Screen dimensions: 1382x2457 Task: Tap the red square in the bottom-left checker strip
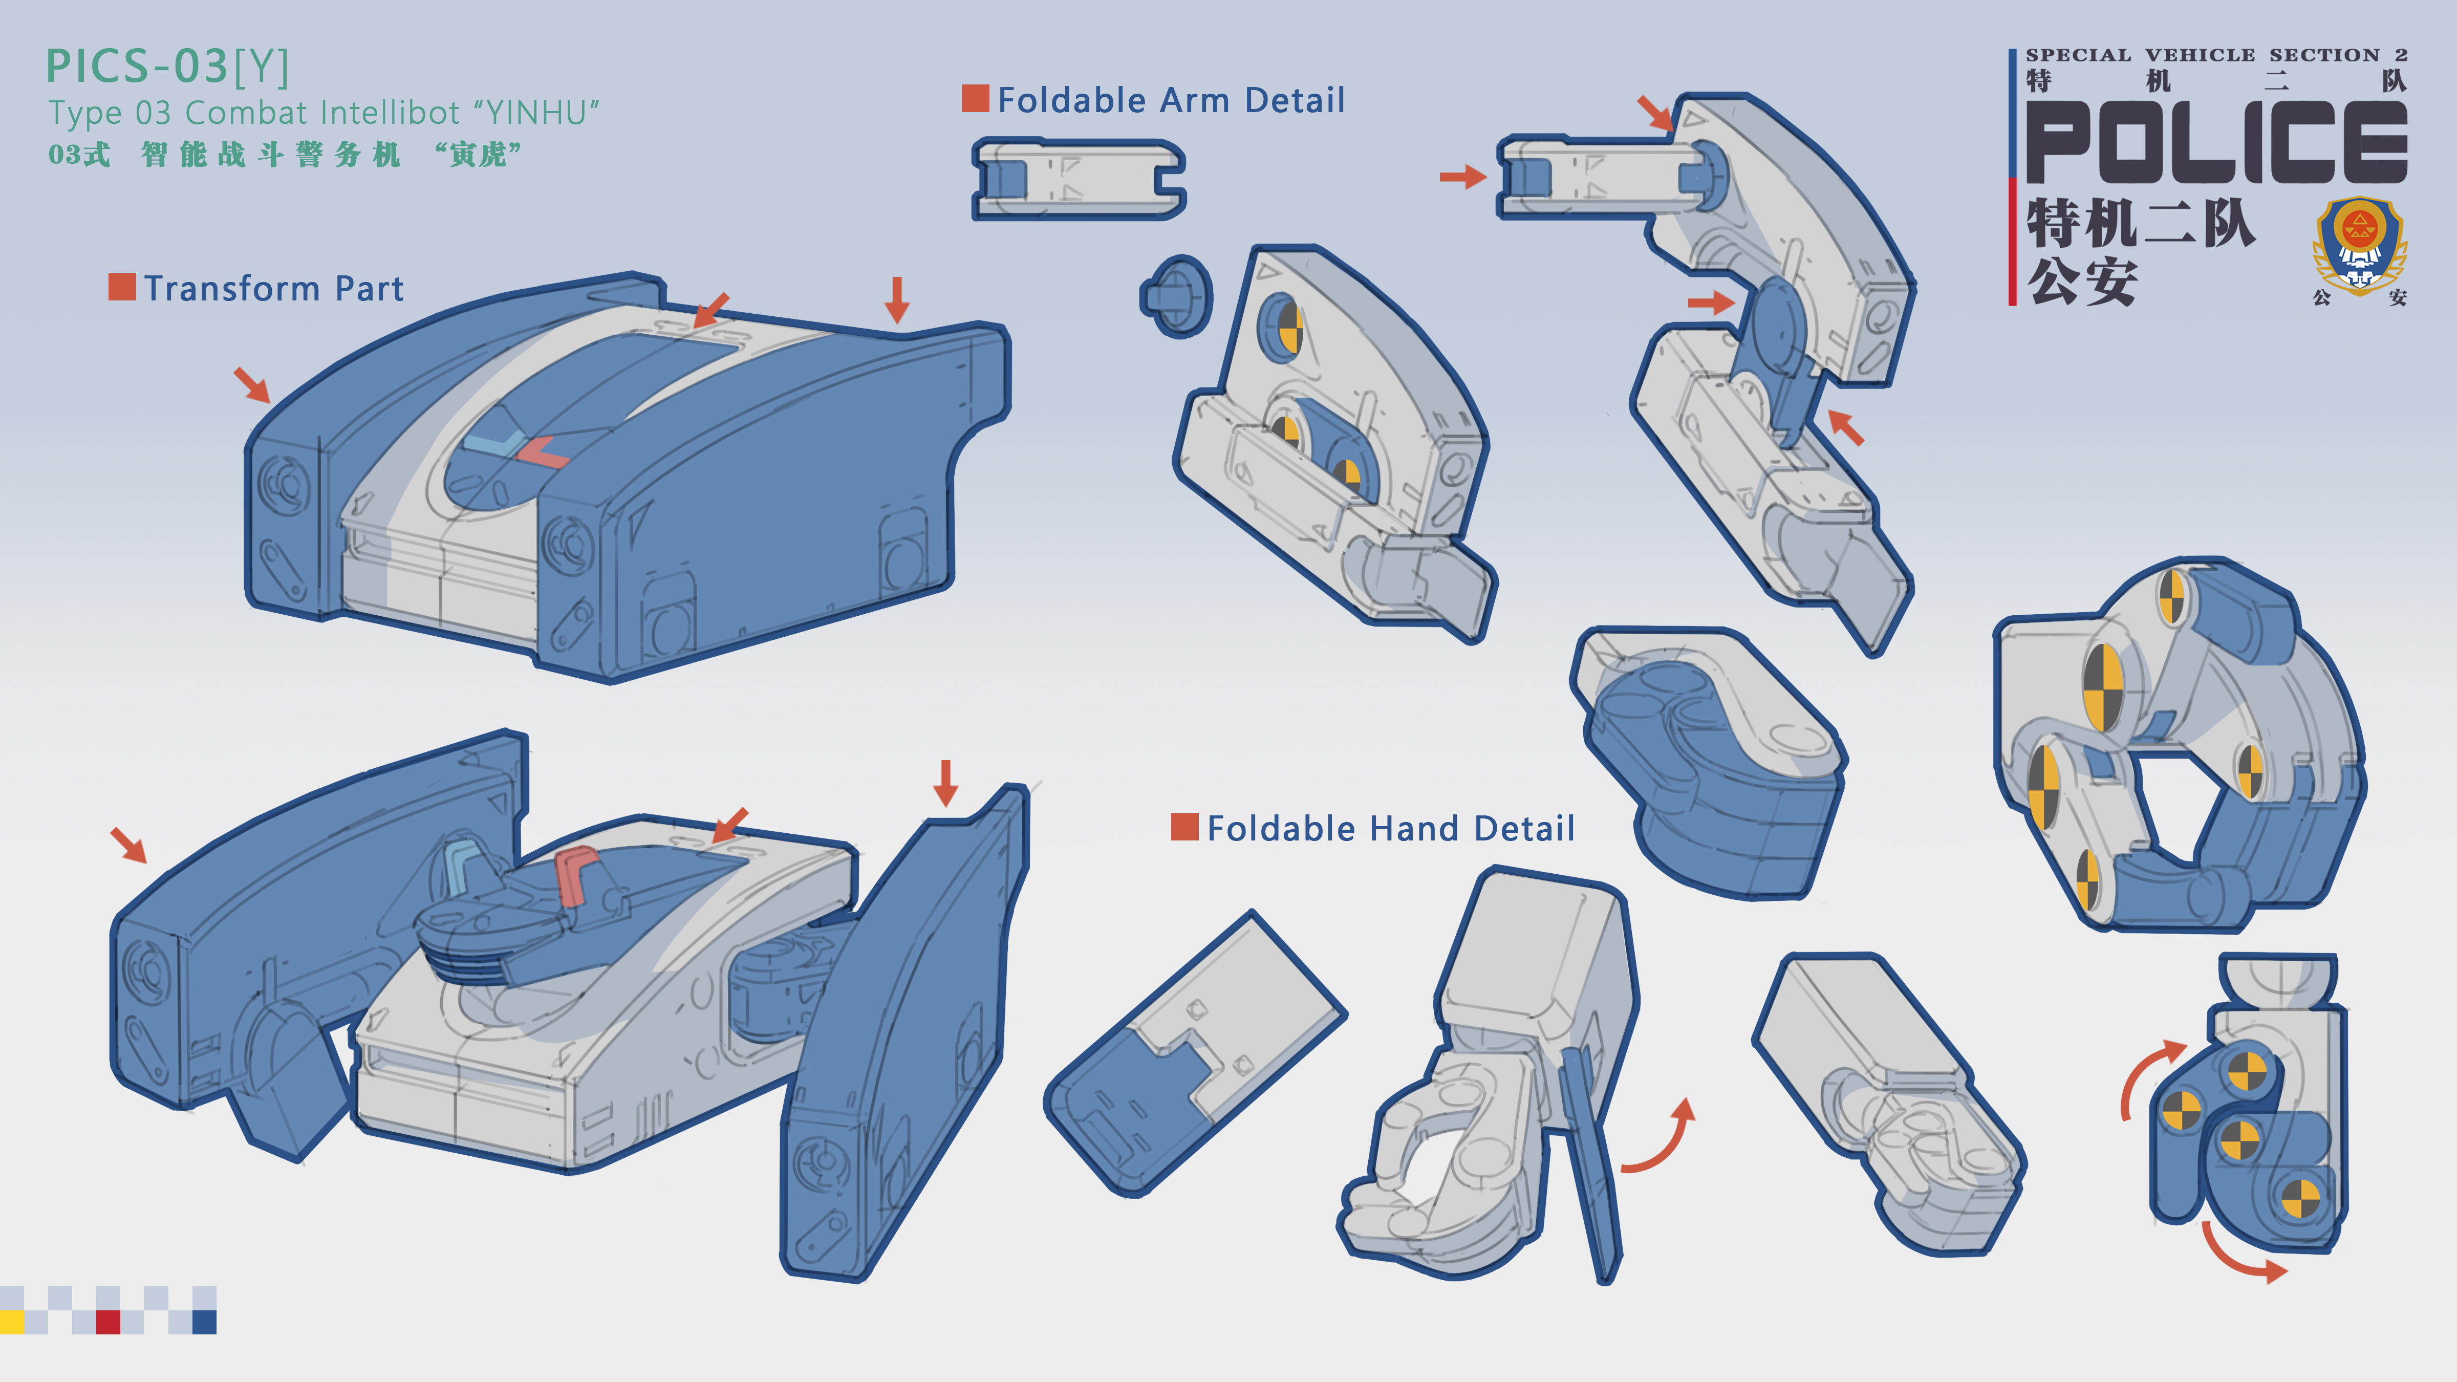tap(108, 1322)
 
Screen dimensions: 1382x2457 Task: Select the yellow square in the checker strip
tap(11, 1322)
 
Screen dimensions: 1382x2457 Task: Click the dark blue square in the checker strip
tap(204, 1322)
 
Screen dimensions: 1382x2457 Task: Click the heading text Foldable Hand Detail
tap(1391, 828)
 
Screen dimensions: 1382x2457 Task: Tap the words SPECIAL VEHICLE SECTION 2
tap(2216, 55)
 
